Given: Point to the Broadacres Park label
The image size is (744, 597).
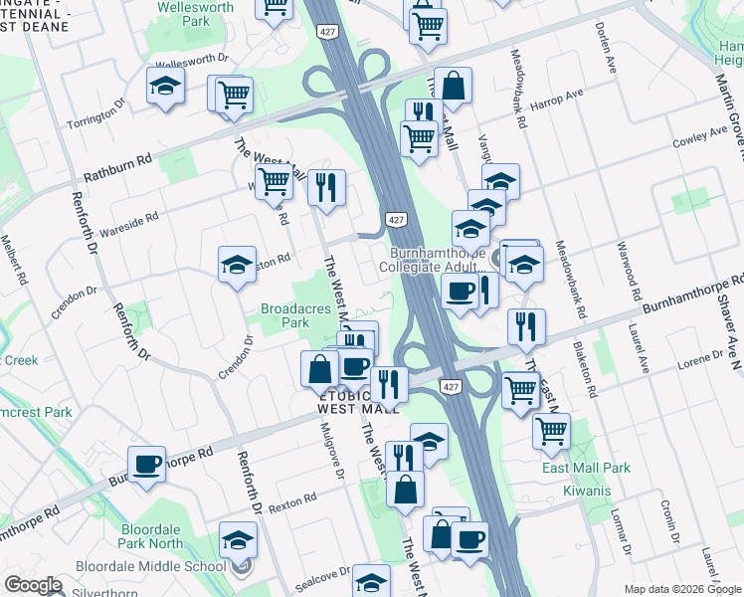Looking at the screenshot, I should click(295, 316).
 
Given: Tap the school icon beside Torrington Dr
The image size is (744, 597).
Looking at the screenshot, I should click(165, 88).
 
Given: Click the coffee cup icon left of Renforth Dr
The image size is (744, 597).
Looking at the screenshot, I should click(146, 464).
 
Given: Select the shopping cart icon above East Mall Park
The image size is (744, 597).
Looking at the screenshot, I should click(551, 431).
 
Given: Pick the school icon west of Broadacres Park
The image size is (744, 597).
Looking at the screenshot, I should click(238, 266).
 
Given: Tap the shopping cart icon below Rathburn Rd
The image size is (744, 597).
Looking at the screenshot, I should click(273, 182).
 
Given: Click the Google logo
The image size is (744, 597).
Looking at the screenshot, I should click(33, 585).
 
